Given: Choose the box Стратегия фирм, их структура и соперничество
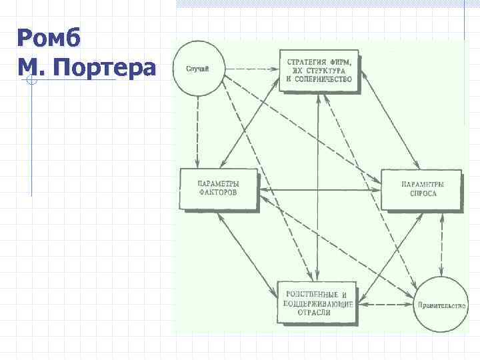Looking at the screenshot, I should click(x=319, y=71).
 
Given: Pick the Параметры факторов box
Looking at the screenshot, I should click(x=219, y=190).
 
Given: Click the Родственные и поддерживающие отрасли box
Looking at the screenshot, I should click(x=317, y=303).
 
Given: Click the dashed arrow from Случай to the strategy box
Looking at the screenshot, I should click(x=250, y=69).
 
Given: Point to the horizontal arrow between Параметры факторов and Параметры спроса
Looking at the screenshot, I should click(x=319, y=191).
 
